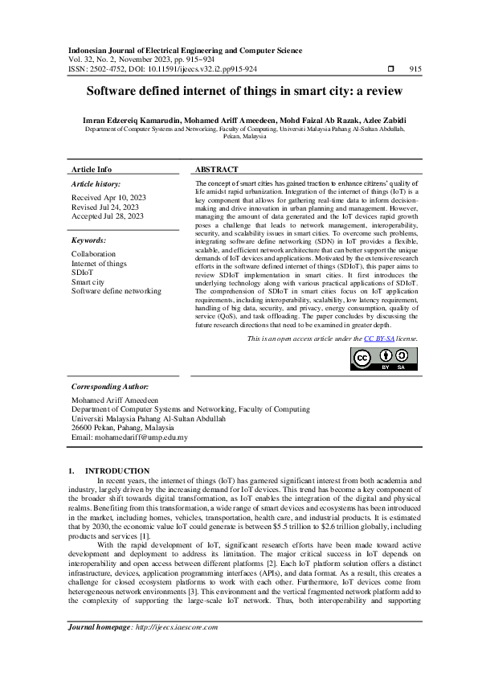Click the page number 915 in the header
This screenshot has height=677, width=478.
pos(415,69)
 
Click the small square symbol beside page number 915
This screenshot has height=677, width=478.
pos(390,69)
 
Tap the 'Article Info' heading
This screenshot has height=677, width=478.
pos(92,170)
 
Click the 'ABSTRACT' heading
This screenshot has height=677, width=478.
pos(217,170)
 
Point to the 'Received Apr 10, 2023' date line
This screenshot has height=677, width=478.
pos(108,197)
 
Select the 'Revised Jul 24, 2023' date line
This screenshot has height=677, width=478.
pos(106,207)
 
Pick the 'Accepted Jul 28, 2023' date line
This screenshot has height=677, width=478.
pos(108,216)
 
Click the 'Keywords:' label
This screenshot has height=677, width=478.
pos(90,240)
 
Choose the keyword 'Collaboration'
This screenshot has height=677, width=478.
pos(94,253)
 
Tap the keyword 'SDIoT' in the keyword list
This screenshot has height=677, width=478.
pos(82,273)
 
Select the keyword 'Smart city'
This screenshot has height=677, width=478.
pos(88,282)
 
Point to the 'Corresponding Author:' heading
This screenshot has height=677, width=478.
pos(109,387)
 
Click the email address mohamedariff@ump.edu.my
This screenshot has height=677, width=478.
pos(129,438)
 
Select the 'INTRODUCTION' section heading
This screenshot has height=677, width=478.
pos(117,470)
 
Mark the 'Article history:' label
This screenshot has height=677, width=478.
pos(96,184)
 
